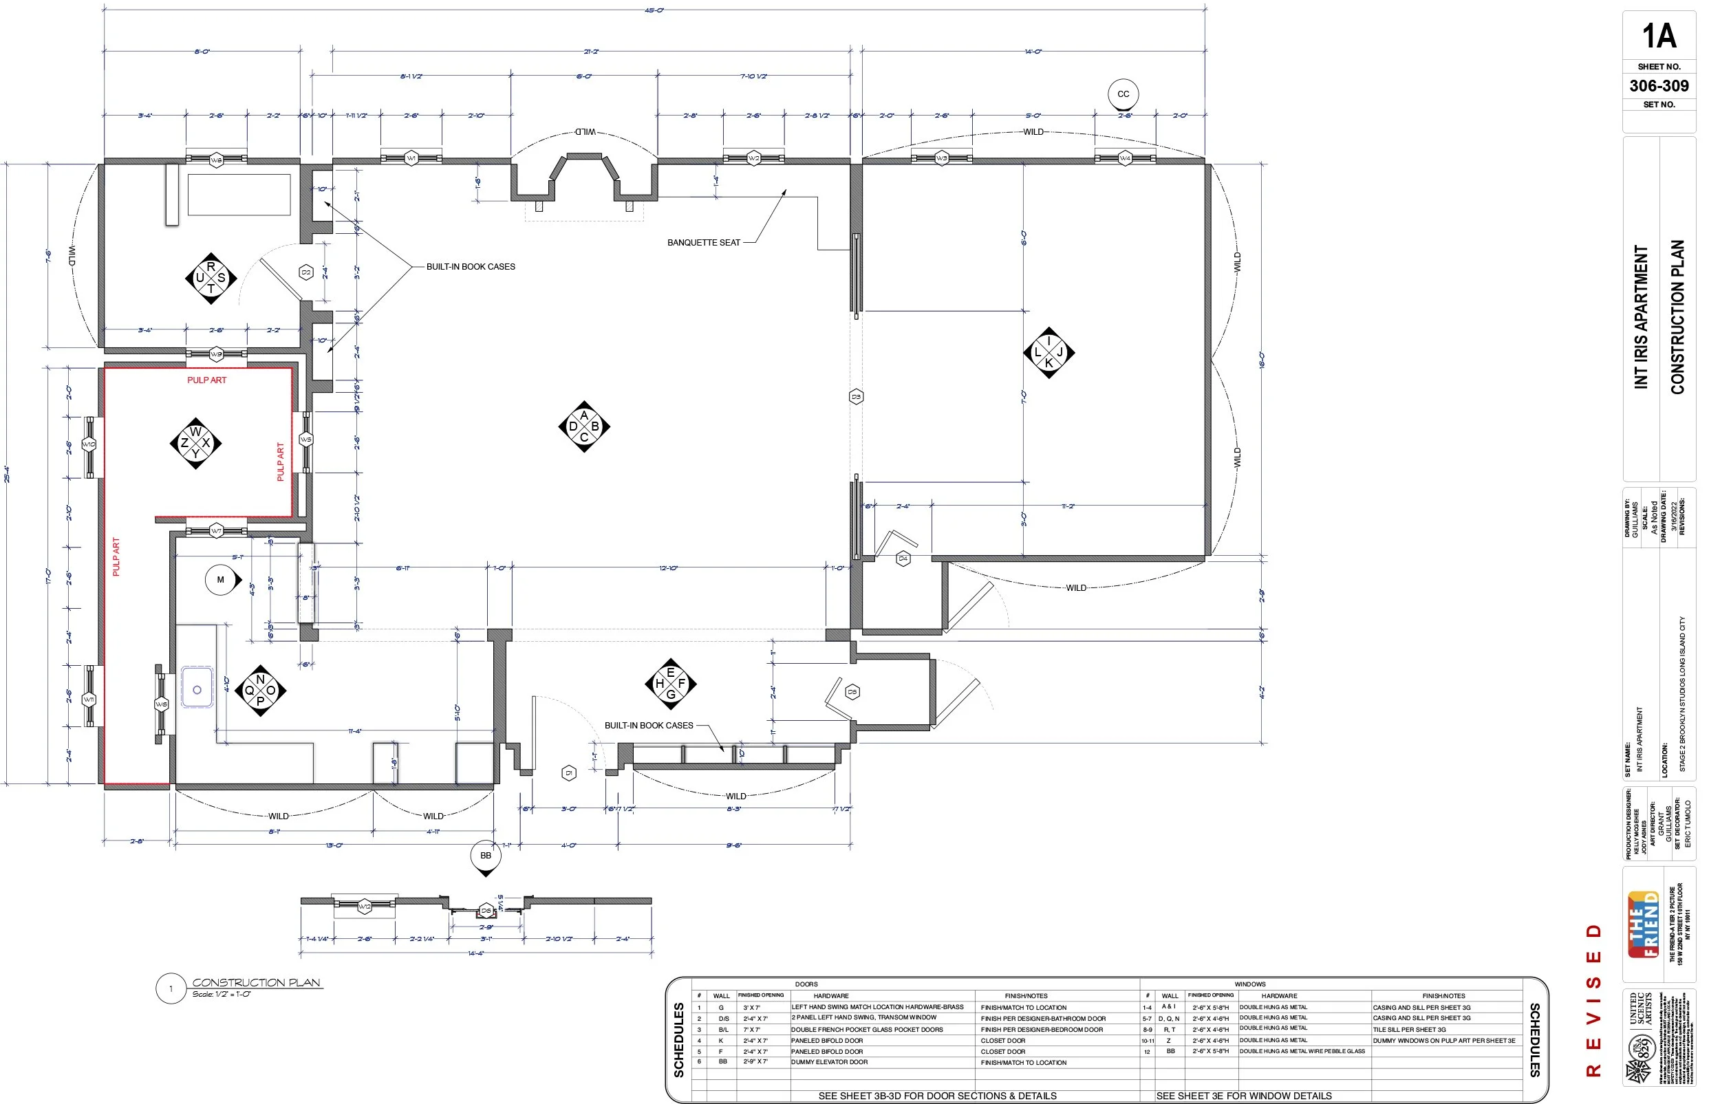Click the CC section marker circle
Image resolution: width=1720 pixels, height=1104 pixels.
point(1123,94)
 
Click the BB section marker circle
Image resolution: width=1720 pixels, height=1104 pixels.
point(486,855)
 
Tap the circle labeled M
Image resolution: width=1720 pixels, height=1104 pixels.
point(220,580)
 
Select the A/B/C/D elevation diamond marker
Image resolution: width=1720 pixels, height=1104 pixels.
point(583,426)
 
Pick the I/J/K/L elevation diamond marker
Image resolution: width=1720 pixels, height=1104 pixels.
point(1049,353)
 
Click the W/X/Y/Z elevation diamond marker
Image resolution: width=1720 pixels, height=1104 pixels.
point(195,443)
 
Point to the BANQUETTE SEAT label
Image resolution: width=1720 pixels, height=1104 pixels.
point(702,243)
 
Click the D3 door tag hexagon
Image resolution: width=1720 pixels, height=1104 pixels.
point(855,396)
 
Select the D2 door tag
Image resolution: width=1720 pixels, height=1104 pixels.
point(306,272)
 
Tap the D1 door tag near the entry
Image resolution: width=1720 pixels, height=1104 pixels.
point(568,773)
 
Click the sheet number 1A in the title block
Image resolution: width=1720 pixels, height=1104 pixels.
point(1658,36)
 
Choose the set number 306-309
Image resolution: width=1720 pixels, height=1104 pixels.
point(1658,86)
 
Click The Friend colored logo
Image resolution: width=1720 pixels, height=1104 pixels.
point(1643,924)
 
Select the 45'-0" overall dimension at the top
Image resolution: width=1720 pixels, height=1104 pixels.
point(653,10)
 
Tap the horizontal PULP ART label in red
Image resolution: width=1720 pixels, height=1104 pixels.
point(206,380)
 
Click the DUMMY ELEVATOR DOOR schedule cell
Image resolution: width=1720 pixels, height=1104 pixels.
point(829,1063)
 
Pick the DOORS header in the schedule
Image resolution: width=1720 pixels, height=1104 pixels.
point(806,984)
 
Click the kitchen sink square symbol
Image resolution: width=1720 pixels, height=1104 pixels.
point(197,690)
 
